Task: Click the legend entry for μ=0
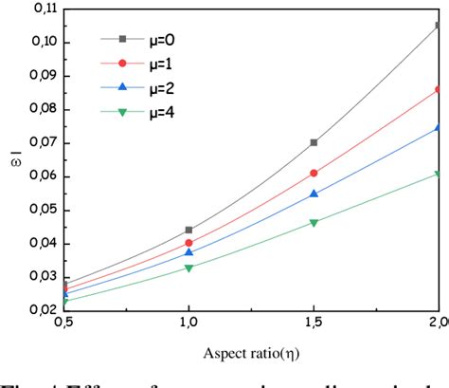(x=142, y=39)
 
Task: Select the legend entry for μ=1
(x=142, y=64)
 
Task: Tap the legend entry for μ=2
(x=142, y=88)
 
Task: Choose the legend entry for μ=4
(x=142, y=113)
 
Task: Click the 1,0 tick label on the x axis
(x=189, y=324)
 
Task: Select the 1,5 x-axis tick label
(x=314, y=324)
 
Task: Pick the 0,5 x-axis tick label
(x=63, y=324)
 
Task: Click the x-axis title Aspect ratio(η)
(x=250, y=353)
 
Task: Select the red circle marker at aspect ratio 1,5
(x=314, y=173)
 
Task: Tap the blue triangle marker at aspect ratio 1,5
(x=314, y=194)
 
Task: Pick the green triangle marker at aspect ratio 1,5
(x=314, y=223)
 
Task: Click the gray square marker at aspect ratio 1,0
(x=189, y=230)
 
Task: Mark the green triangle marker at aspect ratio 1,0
(x=189, y=268)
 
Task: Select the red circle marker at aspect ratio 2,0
(x=438, y=89)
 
